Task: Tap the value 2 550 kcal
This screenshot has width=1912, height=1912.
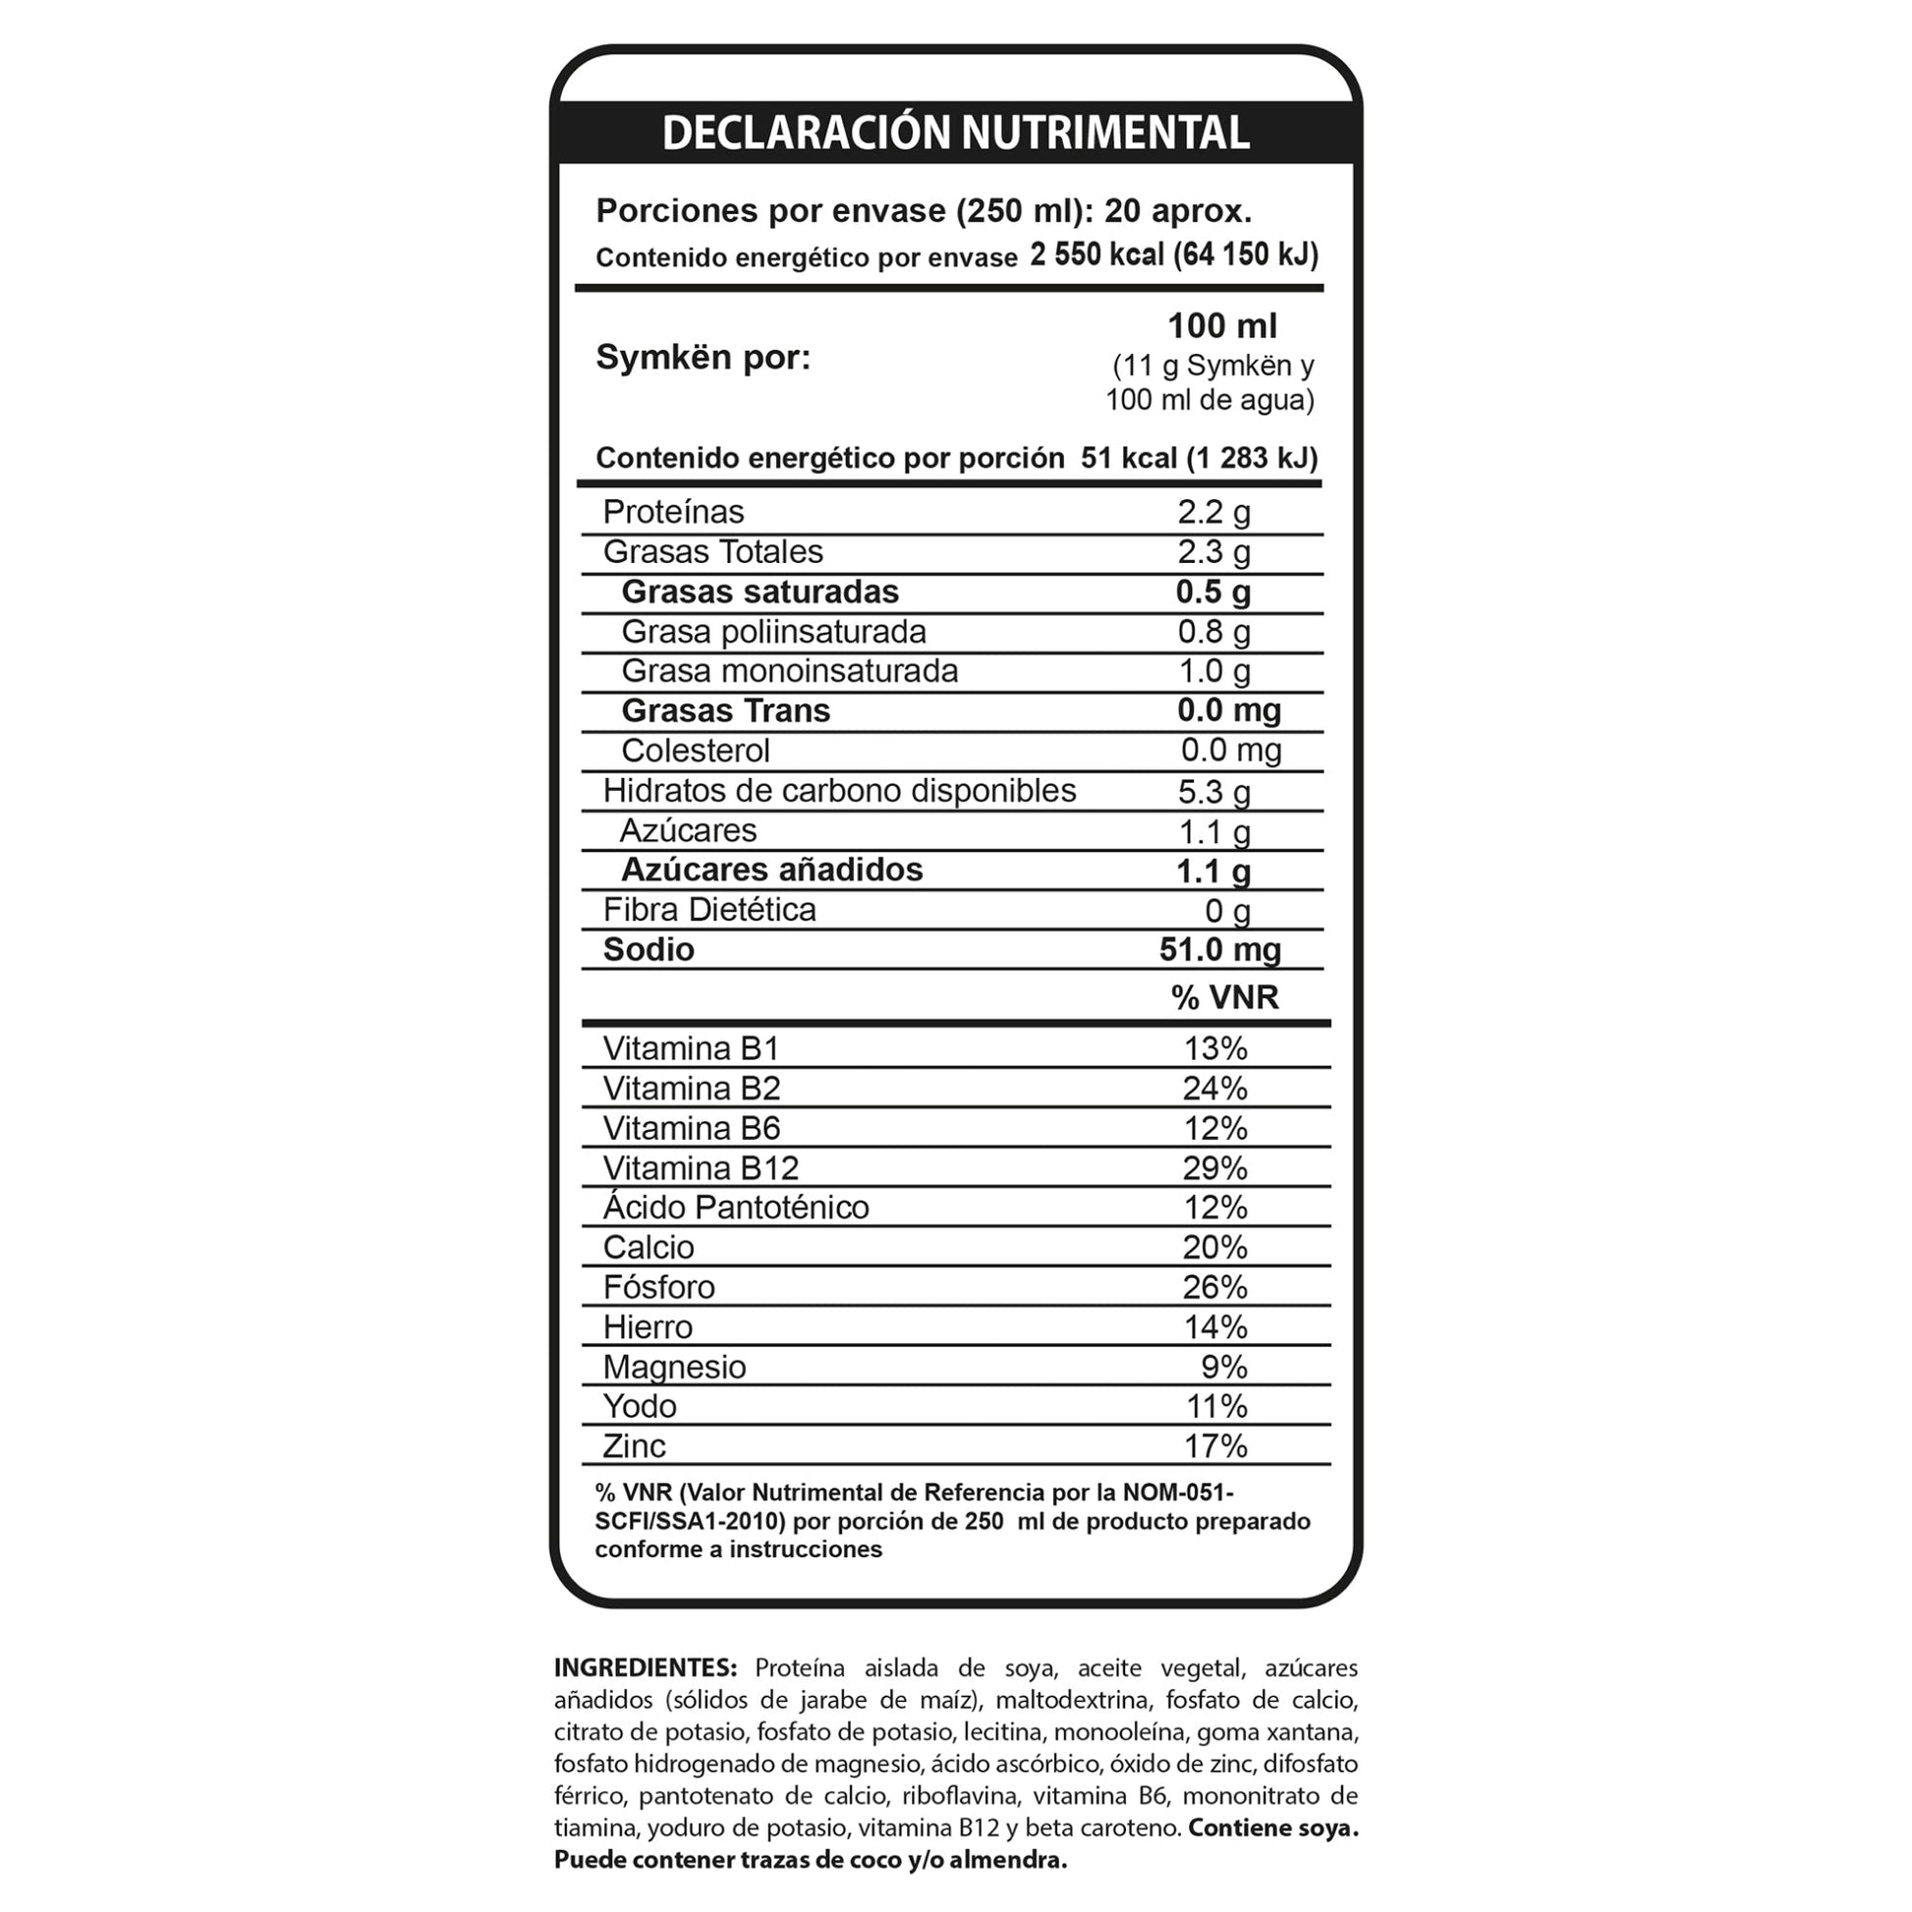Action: point(1097,255)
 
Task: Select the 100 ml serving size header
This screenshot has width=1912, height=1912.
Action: point(1221,325)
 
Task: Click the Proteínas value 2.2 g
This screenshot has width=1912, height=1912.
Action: point(1213,512)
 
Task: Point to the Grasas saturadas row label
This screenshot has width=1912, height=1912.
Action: point(759,591)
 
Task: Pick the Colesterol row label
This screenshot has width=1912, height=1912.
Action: point(695,750)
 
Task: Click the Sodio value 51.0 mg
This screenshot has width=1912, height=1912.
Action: point(1219,949)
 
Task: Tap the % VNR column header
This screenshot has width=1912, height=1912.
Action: point(1224,996)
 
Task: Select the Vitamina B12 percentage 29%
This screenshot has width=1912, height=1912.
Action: point(1214,1168)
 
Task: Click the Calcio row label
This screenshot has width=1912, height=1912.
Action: point(648,1247)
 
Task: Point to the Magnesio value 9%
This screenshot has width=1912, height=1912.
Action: point(1223,1367)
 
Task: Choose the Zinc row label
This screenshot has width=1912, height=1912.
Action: point(635,1446)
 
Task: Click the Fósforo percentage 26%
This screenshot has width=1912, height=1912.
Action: point(1214,1286)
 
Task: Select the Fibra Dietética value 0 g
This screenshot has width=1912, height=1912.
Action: point(1227,910)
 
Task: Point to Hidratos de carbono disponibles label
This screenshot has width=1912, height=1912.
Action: point(839,790)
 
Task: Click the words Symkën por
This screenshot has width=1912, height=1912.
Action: point(703,358)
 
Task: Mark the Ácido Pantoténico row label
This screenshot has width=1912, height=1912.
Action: point(735,1208)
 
